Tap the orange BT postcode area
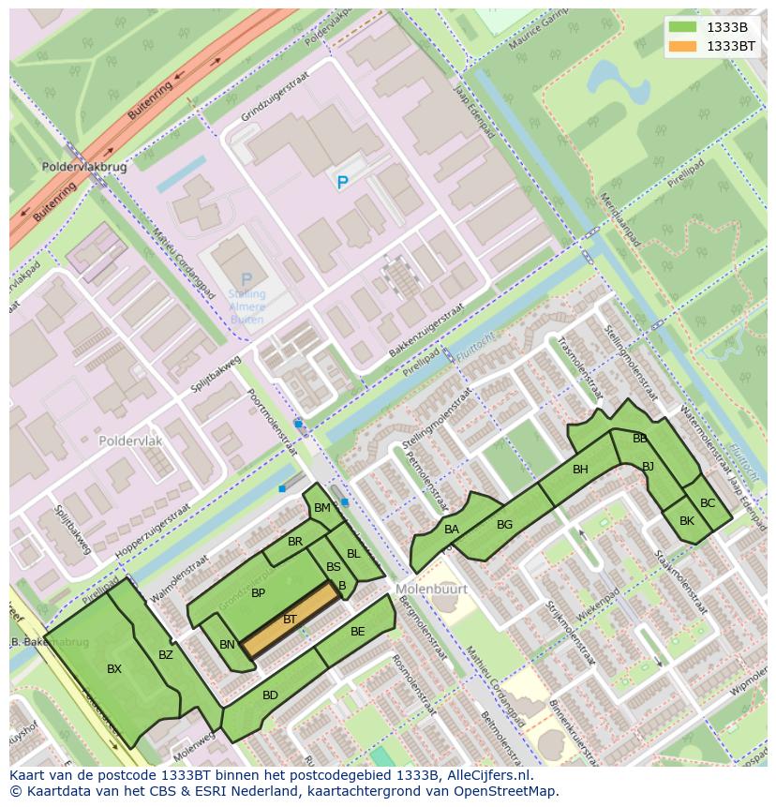click(x=290, y=620)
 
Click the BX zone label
click(x=114, y=669)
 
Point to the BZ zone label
click(x=165, y=654)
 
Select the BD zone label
click(x=270, y=695)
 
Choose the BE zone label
click(x=357, y=632)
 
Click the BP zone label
click(x=258, y=593)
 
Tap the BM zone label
click(x=321, y=508)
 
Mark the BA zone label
click(x=452, y=530)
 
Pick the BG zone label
click(x=504, y=525)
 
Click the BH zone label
click(x=580, y=470)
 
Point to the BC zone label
click(x=708, y=503)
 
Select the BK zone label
click(x=687, y=521)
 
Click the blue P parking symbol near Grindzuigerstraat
click(x=342, y=184)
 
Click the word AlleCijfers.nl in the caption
click(x=490, y=776)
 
